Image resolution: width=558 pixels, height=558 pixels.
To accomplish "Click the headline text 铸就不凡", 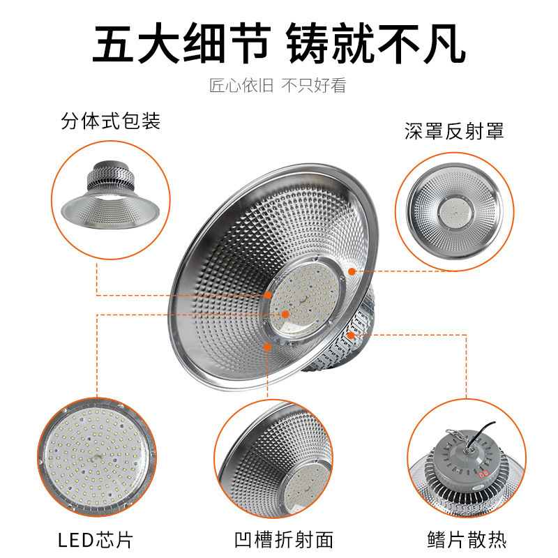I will [376, 44].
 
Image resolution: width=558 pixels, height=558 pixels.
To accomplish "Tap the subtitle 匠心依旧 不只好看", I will [278, 86].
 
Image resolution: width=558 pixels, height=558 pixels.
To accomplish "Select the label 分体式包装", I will [111, 121].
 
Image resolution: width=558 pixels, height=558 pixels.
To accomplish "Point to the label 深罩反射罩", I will [454, 131].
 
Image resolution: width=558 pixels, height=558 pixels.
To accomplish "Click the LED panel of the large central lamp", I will [304, 301].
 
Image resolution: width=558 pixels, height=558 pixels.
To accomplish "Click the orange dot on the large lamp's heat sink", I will [352, 335].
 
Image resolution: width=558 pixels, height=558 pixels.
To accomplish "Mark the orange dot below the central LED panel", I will [267, 345].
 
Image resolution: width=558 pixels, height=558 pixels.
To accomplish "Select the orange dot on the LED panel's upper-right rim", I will [352, 271].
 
